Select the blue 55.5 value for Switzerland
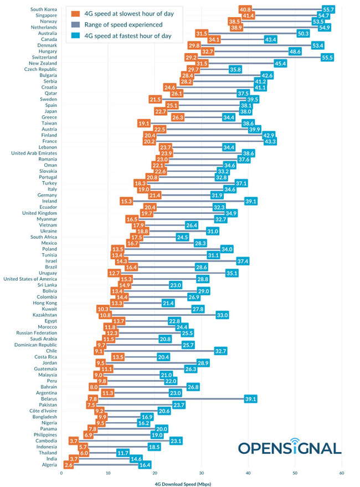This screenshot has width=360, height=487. (327, 57)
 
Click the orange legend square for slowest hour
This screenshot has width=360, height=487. (73, 13)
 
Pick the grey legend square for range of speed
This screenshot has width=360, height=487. (73, 24)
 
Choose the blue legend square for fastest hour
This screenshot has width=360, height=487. (73, 35)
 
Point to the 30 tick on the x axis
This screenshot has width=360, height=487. (202, 473)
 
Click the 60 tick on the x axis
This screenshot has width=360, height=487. (342, 473)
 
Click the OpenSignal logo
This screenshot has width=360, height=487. (290, 448)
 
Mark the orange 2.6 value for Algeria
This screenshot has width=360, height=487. (68, 465)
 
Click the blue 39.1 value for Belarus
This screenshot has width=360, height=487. (250, 398)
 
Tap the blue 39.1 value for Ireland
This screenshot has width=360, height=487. (250, 201)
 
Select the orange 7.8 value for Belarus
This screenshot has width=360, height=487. (92, 398)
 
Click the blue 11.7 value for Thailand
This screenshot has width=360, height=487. (123, 453)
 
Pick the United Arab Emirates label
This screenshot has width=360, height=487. (34, 153)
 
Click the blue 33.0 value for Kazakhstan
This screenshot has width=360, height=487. (222, 315)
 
